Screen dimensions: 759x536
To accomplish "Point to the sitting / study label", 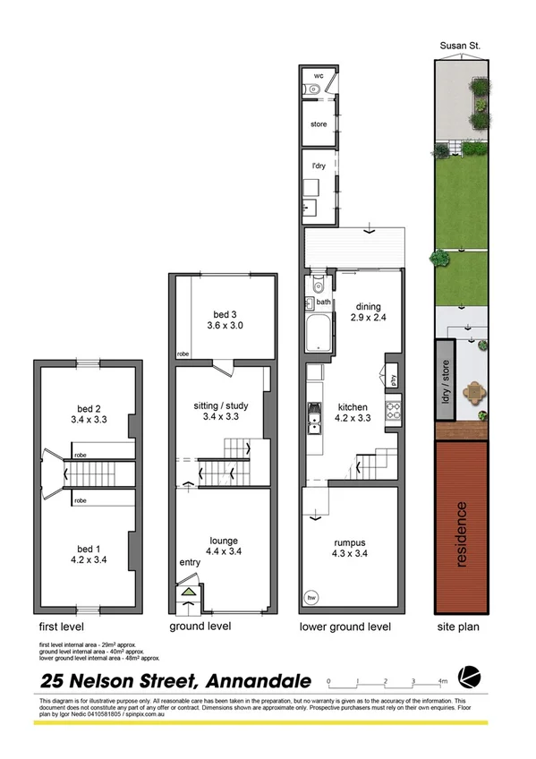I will click(223, 405).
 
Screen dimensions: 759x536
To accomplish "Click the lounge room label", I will click(223, 541).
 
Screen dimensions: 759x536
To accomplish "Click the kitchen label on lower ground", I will click(353, 405).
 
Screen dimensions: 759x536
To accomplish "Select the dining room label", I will click(369, 305).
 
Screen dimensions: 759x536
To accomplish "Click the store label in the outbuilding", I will click(319, 124).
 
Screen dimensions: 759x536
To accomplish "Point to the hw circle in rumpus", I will click(311, 597).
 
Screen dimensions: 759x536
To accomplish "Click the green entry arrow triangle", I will click(189, 591).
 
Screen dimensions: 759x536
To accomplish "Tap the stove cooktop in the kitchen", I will click(391, 412).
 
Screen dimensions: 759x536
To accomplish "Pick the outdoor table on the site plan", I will click(472, 392).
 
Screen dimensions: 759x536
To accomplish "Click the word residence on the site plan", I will click(462, 534).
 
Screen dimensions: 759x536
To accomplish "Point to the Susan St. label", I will click(456, 44).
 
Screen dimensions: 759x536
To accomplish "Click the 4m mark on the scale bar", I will click(443, 682).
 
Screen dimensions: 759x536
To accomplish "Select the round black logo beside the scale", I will click(467, 676).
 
